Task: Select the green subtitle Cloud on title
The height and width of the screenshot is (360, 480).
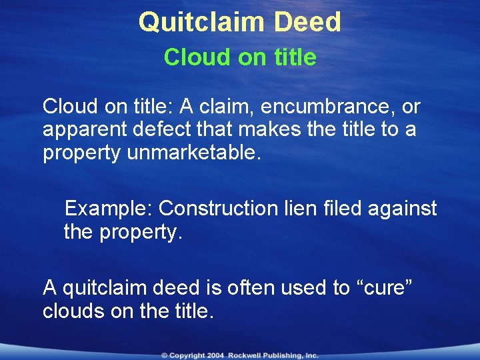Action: point(240,57)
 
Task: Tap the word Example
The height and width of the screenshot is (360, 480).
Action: point(107,209)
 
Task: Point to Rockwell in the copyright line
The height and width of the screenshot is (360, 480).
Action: point(247,355)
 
